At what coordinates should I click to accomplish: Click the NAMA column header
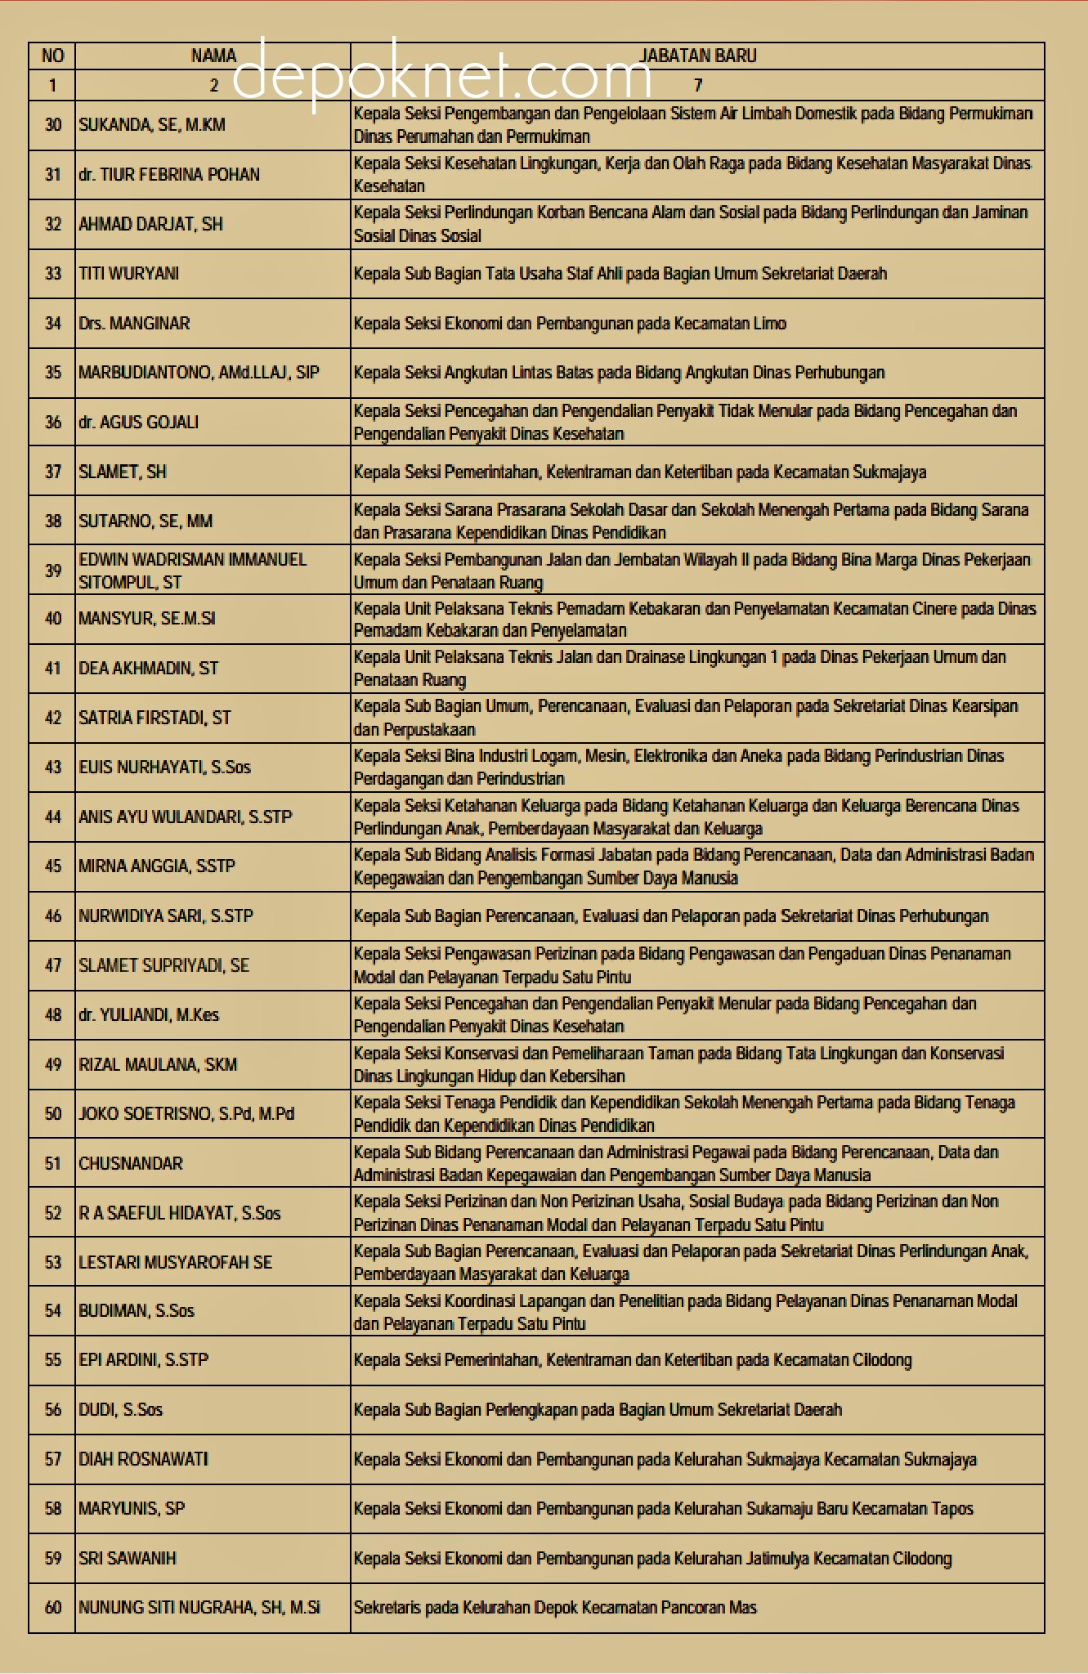click(213, 56)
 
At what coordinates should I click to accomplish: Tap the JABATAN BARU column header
click(697, 56)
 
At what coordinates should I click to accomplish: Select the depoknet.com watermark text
click(442, 75)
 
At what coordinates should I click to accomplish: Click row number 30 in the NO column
click(53, 125)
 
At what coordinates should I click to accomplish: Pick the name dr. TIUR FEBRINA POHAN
click(169, 175)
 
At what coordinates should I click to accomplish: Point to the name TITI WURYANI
click(128, 274)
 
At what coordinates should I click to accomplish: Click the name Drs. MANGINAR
click(134, 324)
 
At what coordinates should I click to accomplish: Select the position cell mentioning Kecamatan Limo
click(570, 324)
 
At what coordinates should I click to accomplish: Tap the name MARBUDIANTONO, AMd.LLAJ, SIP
click(199, 373)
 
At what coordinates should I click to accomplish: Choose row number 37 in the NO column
click(53, 472)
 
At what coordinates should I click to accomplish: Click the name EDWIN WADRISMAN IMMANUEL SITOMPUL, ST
click(192, 571)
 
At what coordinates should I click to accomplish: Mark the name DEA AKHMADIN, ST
click(149, 669)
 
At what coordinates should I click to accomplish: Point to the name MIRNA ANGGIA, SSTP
click(157, 866)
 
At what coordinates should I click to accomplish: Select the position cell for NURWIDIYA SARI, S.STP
click(670, 916)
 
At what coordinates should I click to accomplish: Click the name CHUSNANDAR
click(131, 1163)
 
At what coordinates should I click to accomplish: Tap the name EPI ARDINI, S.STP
click(143, 1360)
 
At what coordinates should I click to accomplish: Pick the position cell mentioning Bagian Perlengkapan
click(597, 1410)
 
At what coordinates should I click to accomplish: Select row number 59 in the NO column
click(53, 1559)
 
